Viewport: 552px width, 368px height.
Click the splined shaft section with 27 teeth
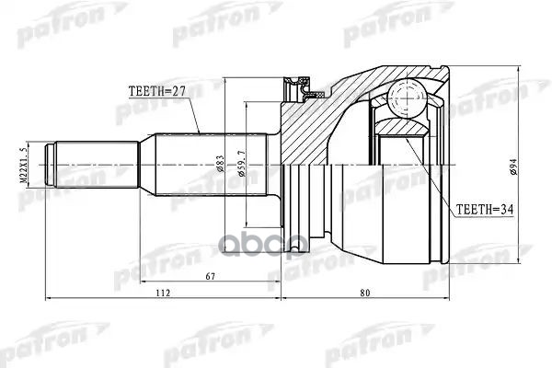point(202,167)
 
